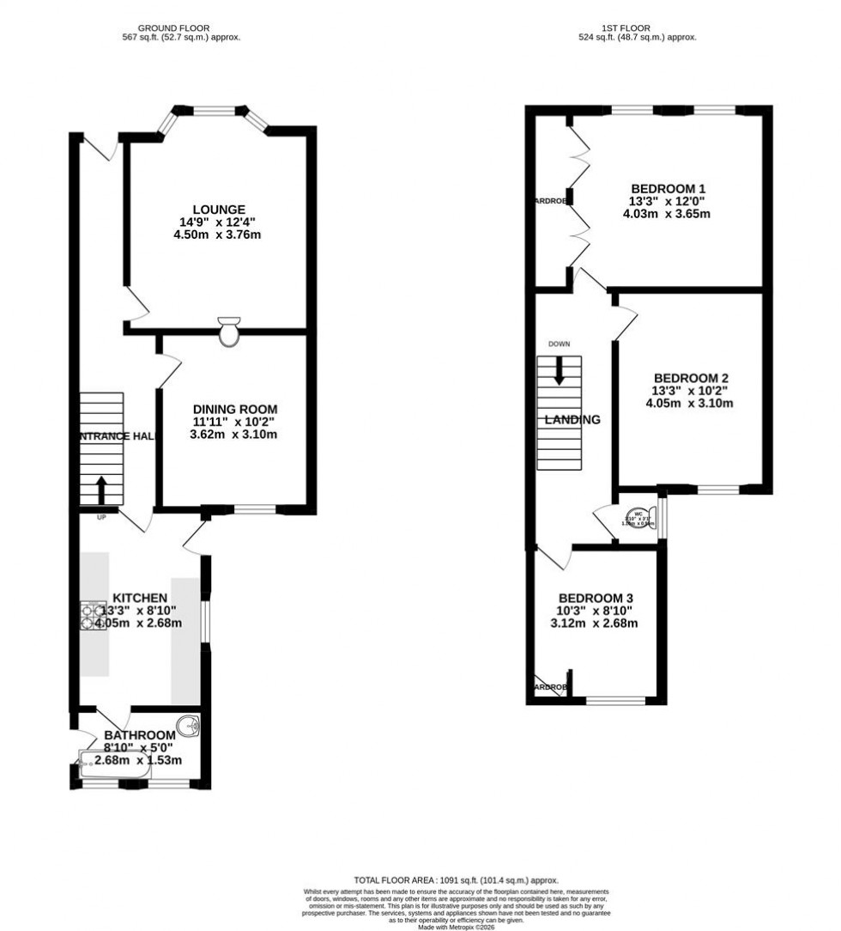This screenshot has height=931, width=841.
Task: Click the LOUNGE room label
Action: click(x=219, y=210)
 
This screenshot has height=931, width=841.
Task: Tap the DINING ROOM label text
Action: click(x=234, y=409)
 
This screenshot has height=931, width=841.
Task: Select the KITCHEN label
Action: click(x=139, y=598)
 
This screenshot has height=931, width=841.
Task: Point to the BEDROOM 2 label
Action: click(x=690, y=378)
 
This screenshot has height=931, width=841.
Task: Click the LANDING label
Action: click(x=572, y=420)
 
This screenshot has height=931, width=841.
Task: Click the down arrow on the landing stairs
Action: click(x=559, y=372)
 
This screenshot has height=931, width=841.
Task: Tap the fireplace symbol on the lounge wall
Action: click(x=229, y=332)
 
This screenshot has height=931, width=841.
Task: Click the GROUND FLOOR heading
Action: click(x=178, y=28)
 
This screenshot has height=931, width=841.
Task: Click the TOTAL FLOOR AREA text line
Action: click(x=456, y=880)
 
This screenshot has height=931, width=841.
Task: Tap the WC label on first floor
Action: click(x=638, y=514)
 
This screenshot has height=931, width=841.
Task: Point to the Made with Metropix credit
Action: click(x=457, y=927)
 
